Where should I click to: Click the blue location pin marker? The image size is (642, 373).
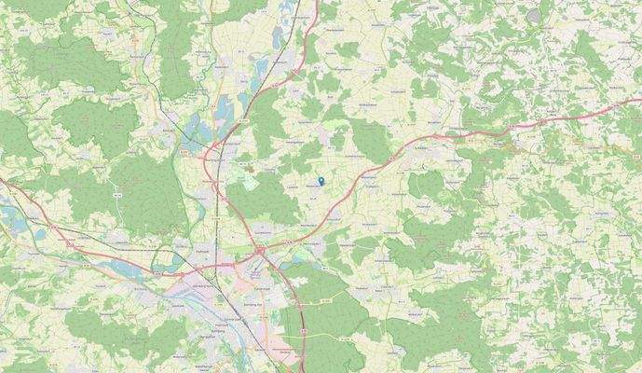point(321,181)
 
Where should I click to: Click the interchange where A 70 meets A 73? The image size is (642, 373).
point(260,250)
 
